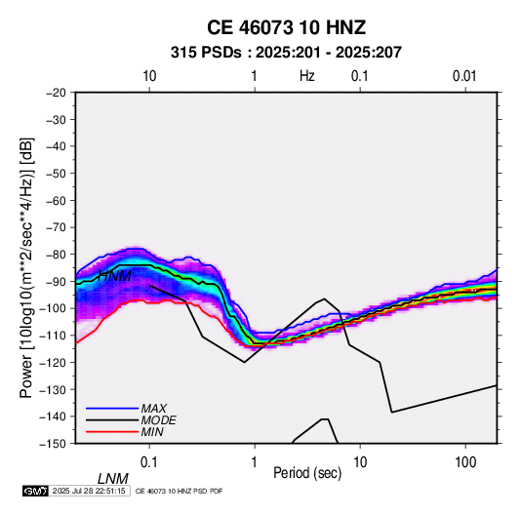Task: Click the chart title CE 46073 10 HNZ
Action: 286,27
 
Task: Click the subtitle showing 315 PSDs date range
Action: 286,53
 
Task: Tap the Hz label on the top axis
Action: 306,76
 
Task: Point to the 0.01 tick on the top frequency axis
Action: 464,76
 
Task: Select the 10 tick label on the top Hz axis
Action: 149,76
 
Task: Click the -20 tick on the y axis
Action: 56,93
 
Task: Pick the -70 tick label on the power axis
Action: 56,227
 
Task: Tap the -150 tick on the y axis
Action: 53,444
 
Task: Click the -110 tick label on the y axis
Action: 53,336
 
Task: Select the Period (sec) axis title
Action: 307,473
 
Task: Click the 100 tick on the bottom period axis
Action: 465,462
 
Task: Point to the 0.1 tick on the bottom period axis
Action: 149,462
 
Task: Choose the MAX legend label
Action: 154,408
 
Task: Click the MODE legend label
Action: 158,420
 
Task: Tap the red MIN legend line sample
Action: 112,432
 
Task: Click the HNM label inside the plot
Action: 115,276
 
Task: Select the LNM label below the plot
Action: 113,479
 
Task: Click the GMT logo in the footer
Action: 36,491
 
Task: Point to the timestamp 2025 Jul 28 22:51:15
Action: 89,491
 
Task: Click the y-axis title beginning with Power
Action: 26,268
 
